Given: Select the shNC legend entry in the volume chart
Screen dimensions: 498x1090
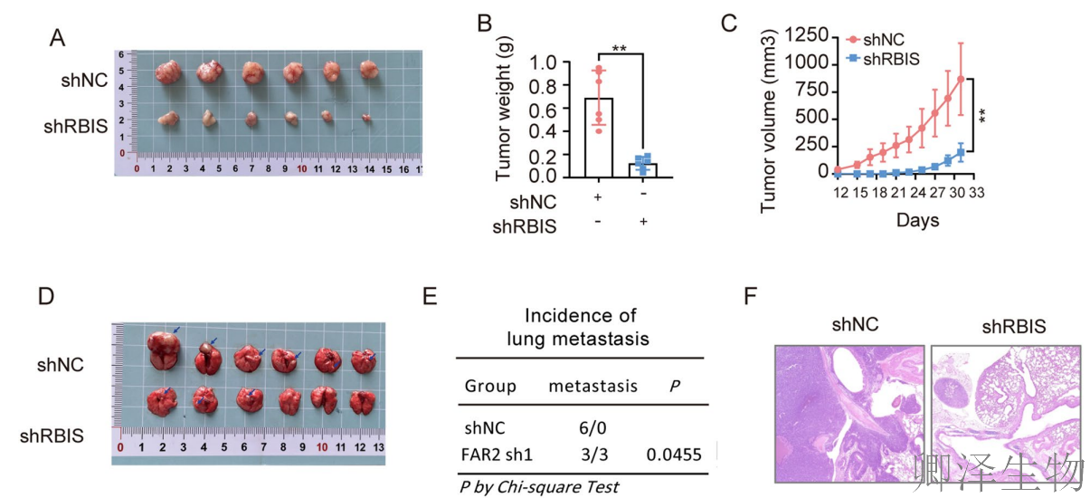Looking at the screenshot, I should tap(884, 40).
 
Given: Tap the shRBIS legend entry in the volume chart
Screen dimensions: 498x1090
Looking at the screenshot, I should tap(891, 59).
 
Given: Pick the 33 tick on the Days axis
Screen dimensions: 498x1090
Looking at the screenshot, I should tap(977, 194).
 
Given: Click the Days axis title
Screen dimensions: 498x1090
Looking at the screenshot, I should tap(917, 220).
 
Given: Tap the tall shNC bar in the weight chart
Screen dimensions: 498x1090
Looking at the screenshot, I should tap(599, 136).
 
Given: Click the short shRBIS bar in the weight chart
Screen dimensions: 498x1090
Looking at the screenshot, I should tap(643, 170).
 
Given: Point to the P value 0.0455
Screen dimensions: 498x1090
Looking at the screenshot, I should tap(674, 455).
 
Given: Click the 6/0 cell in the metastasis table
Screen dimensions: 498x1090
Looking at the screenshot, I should tap(592, 426).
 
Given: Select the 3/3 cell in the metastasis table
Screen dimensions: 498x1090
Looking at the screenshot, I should tap(592, 455).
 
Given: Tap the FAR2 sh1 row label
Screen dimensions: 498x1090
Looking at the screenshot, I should tap(498, 455).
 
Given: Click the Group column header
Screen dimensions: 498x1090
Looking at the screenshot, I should tap(490, 386).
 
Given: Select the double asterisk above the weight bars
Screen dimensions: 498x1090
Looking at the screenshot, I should tap(620, 49).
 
